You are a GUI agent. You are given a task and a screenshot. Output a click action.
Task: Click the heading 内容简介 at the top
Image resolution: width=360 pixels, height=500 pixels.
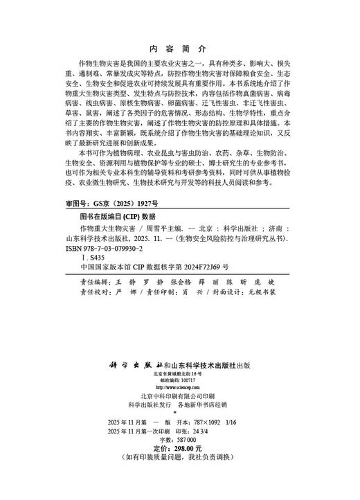178,50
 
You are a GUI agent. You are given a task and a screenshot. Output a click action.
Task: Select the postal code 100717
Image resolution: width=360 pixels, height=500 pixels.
187,380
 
